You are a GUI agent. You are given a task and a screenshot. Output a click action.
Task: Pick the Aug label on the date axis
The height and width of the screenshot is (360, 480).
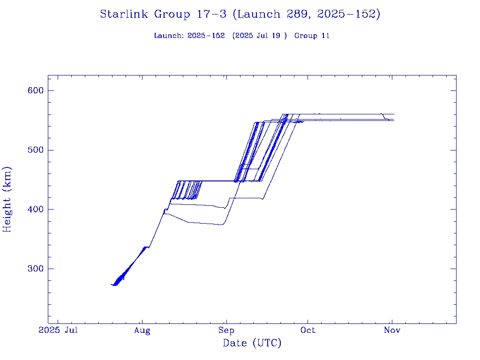pos(142,330)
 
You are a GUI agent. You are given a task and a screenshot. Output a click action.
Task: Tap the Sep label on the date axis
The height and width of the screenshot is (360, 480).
pos(226,330)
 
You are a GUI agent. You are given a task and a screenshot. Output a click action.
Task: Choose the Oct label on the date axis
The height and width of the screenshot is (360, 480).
pos(308,330)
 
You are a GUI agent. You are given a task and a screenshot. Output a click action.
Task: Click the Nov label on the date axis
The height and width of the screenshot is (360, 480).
pos(392,330)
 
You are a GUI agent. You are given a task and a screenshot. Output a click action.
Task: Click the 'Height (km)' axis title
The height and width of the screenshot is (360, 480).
pos(7,199)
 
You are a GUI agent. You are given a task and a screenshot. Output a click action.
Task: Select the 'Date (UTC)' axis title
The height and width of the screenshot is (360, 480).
pos(252,344)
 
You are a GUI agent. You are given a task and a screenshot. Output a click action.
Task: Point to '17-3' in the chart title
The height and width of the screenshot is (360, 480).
pos(210,15)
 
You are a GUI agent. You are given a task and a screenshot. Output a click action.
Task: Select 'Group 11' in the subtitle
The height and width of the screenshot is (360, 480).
pos(312,36)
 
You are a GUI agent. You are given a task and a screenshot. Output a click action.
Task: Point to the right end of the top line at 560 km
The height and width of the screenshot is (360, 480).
pos(394,114)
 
